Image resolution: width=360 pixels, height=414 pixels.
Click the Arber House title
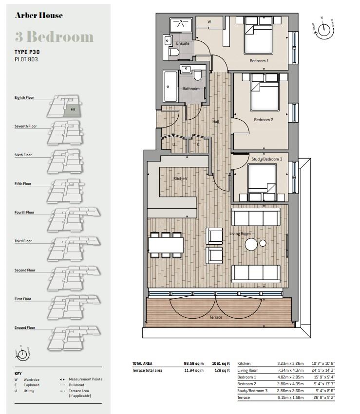point(38,16)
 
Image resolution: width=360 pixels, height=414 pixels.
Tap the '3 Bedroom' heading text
point(54,37)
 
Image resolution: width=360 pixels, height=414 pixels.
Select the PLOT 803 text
point(26,59)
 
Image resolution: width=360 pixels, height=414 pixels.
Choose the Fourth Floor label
point(24,212)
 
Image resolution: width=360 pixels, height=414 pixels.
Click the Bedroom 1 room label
point(259,61)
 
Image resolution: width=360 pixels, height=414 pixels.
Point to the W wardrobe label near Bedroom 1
point(209,22)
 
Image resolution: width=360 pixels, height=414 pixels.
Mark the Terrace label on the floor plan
point(216,317)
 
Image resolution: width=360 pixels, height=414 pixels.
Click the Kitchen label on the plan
point(180,179)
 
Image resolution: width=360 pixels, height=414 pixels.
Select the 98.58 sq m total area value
point(193,363)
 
